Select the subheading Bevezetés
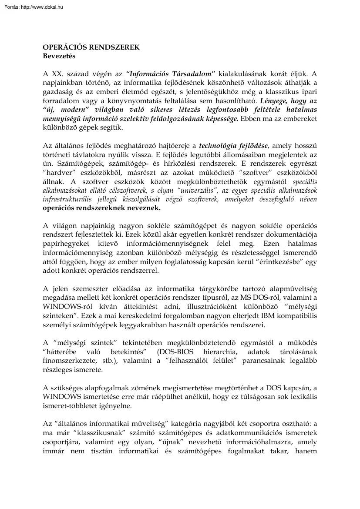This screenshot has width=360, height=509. click(59, 56)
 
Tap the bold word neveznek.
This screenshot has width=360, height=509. click(141, 208)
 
